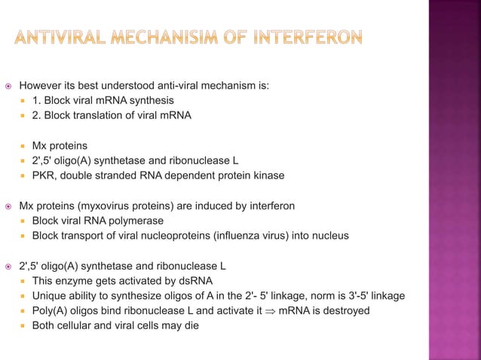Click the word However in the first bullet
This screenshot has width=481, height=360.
click(x=41, y=85)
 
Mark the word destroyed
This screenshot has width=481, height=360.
click(x=346, y=311)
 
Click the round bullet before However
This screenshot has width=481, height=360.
click(x=8, y=85)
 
